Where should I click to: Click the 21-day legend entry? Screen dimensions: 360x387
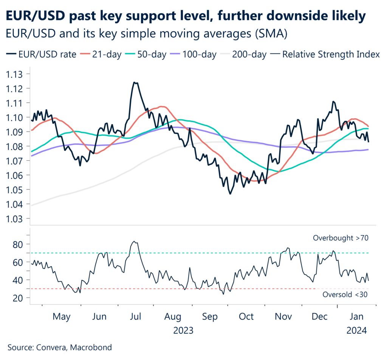(104, 55)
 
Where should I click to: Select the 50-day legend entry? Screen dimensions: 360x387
(149, 55)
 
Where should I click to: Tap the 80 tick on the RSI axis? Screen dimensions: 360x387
(20, 244)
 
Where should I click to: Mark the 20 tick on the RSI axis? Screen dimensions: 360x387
(20, 298)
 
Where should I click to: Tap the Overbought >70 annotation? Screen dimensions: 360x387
(341, 238)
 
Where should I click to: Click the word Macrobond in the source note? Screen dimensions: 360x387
(92, 347)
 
